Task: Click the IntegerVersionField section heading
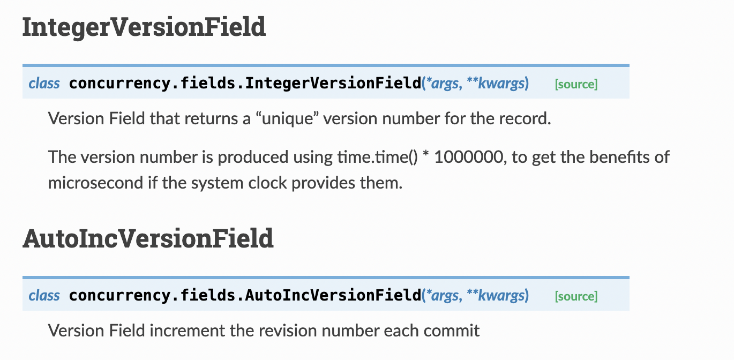click(144, 27)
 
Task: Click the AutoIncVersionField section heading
click(148, 239)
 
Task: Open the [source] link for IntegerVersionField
click(576, 84)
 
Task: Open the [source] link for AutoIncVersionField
click(576, 296)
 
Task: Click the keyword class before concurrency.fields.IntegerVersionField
click(44, 84)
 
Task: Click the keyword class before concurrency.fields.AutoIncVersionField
click(44, 296)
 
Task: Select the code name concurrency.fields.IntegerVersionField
click(245, 84)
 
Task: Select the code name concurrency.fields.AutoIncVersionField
click(245, 296)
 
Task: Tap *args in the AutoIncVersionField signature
click(442, 296)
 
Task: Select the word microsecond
click(94, 183)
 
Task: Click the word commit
click(452, 331)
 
